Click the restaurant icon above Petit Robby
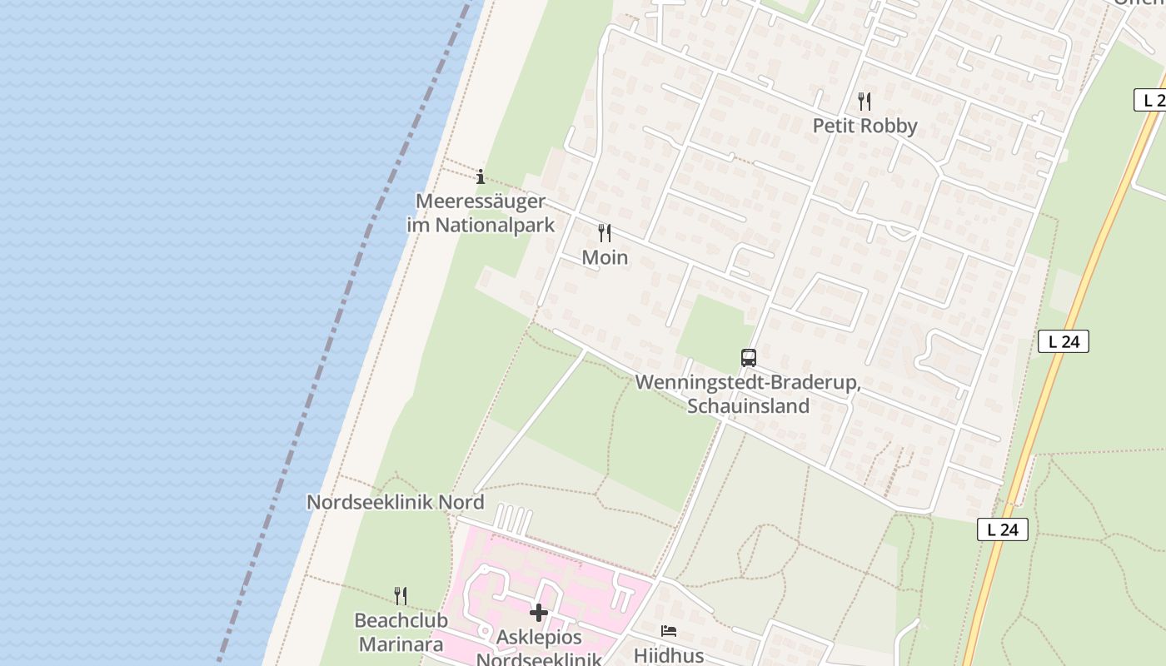point(865,102)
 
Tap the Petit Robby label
point(865,127)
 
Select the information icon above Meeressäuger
point(481,176)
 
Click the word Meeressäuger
point(481,201)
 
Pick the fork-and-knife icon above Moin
point(605,233)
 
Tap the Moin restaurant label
point(605,258)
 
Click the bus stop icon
point(749,358)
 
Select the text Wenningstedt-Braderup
point(747,383)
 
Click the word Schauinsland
point(748,406)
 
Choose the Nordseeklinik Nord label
point(395,503)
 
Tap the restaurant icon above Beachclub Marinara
point(401,596)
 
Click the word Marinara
point(401,644)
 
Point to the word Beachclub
point(401,621)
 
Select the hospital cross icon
point(539,614)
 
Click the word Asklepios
point(539,639)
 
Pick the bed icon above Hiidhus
point(668,631)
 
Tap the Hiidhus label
point(668,655)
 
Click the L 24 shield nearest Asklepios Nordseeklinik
point(1002,529)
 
